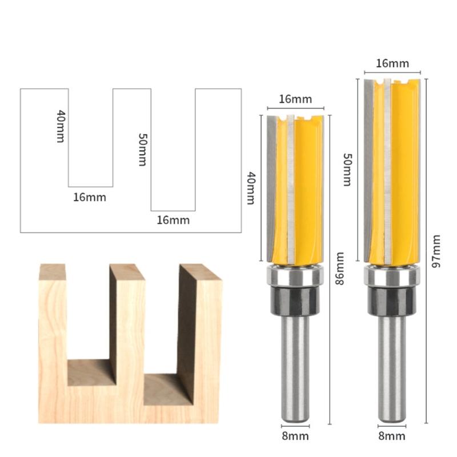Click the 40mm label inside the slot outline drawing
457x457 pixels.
click(61, 126)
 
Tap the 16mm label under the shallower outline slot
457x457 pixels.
click(90, 197)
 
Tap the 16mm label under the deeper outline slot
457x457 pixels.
click(173, 220)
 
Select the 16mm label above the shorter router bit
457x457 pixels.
click(295, 99)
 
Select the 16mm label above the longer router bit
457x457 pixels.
click(392, 63)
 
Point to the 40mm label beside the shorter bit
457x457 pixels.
click(250, 188)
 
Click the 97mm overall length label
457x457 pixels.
click(436, 251)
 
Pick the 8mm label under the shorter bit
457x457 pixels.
click(295, 436)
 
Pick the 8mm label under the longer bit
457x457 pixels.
click(392, 436)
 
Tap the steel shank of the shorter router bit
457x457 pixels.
click(295, 366)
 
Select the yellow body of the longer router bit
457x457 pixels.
click(403, 171)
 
